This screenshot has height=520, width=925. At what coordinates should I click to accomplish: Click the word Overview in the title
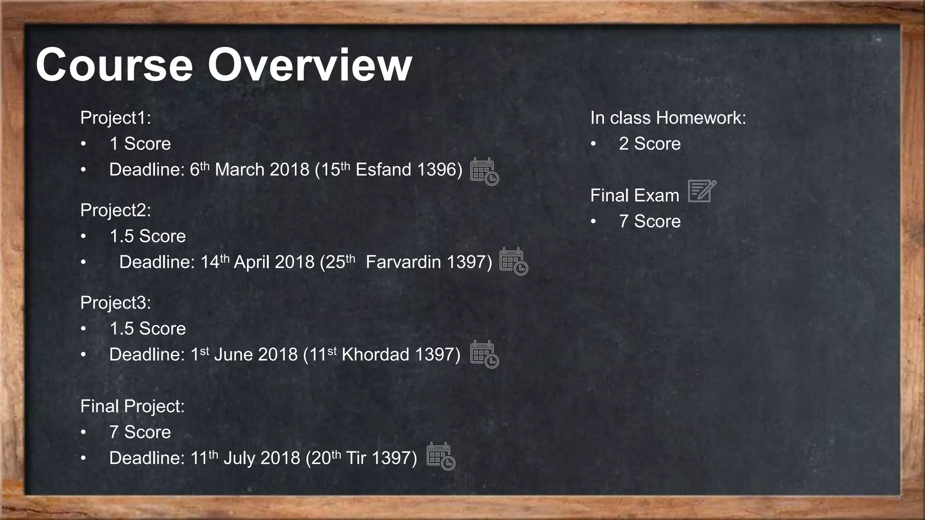pyautogui.click(x=309, y=65)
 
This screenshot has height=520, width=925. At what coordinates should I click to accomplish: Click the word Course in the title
pyautogui.click(x=114, y=65)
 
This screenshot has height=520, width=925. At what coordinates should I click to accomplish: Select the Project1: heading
pyautogui.click(x=116, y=118)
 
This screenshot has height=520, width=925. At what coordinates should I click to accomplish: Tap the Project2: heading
pyautogui.click(x=116, y=210)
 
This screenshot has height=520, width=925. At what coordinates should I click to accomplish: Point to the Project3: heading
pyautogui.click(x=116, y=303)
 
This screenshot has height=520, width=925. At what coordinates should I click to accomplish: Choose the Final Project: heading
pyautogui.click(x=132, y=406)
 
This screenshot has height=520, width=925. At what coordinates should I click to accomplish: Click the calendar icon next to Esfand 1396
pyautogui.click(x=484, y=172)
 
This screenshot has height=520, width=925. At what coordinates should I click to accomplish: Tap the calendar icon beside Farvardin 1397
pyautogui.click(x=514, y=262)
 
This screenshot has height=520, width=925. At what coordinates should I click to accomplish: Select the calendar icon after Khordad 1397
pyautogui.click(x=484, y=354)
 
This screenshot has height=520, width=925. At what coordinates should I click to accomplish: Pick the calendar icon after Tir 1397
pyautogui.click(x=441, y=456)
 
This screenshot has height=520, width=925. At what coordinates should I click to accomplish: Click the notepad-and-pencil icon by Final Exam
pyautogui.click(x=702, y=191)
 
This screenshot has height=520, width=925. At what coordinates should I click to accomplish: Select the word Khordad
pyautogui.click(x=375, y=355)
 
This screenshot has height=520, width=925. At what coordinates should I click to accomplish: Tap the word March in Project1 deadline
pyautogui.click(x=239, y=170)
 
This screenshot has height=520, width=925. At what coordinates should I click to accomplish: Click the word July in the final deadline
pyautogui.click(x=239, y=458)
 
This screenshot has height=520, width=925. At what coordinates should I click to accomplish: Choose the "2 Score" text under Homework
pyautogui.click(x=649, y=144)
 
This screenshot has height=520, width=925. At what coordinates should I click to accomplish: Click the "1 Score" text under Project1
pyautogui.click(x=140, y=144)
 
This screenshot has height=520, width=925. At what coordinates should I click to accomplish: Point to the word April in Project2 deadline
pyautogui.click(x=251, y=262)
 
